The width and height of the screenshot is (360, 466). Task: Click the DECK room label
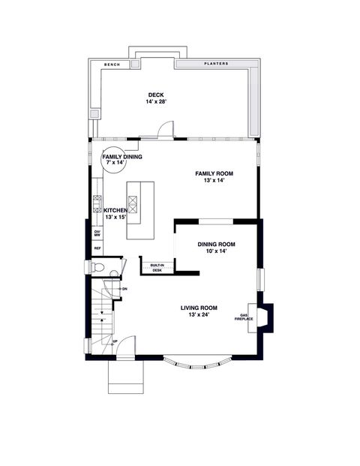click(156, 95)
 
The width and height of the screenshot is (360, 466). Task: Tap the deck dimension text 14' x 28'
click(156, 101)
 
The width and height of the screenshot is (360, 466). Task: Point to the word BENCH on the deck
click(111, 65)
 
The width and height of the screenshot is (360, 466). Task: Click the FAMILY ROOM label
click(211, 173)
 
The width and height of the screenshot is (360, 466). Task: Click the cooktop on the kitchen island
click(133, 203)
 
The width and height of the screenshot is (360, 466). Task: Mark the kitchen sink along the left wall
click(97, 203)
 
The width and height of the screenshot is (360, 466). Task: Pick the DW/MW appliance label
click(97, 234)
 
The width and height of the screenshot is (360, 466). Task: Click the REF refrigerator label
click(97, 248)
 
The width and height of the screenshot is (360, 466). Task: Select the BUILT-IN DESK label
click(157, 268)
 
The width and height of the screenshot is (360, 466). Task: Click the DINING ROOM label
click(217, 244)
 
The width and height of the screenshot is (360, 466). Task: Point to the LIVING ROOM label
click(199, 308)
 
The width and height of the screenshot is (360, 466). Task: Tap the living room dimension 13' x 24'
click(199, 314)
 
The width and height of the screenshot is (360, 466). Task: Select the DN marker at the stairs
click(124, 289)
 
